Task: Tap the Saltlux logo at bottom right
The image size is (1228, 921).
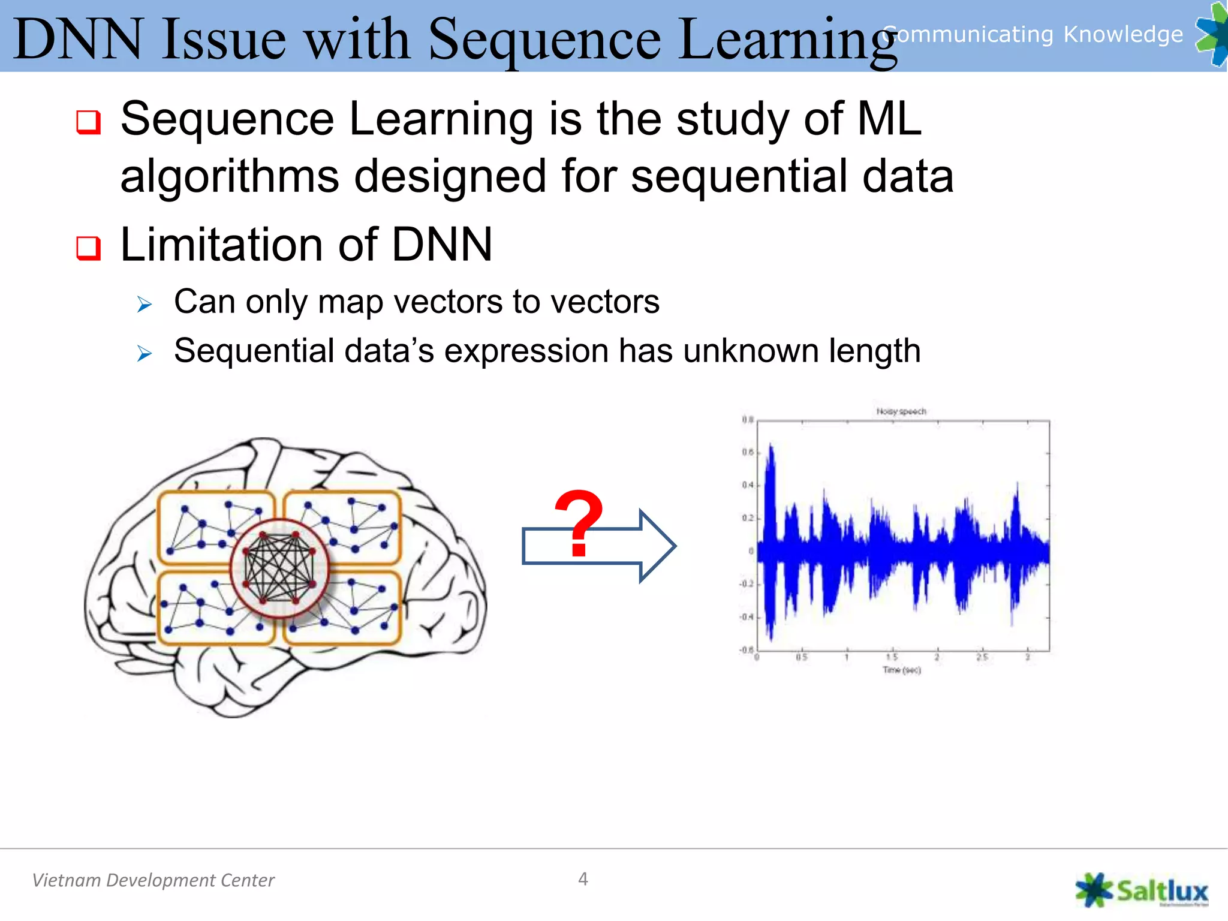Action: tap(1142, 890)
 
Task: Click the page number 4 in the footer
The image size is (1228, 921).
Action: tap(583, 879)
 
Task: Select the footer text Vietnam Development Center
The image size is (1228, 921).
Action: tap(153, 880)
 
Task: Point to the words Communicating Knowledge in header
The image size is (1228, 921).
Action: tap(1033, 34)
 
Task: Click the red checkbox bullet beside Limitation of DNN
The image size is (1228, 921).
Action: tap(88, 248)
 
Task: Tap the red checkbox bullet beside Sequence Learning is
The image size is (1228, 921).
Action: tap(88, 122)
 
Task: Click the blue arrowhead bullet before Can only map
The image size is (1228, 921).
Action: tap(145, 305)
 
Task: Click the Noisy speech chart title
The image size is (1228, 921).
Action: tap(901, 411)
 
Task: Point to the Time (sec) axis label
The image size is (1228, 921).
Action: tap(901, 670)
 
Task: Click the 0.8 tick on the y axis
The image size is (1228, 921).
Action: tap(747, 420)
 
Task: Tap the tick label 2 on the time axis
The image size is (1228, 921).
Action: tap(937, 657)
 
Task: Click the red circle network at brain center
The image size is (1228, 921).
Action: tap(279, 568)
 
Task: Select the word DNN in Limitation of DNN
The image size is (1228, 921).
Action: tap(441, 245)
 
